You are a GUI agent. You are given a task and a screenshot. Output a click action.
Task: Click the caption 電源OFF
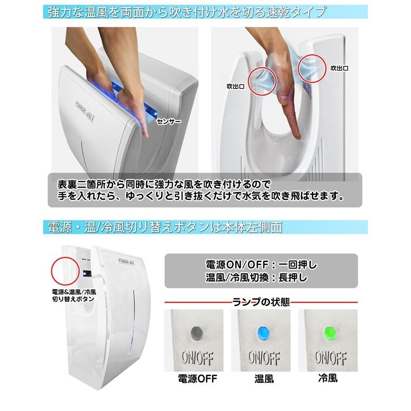pyautogui.click(x=197, y=379)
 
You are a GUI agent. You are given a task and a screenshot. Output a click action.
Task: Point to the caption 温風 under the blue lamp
pyautogui.click(x=264, y=379)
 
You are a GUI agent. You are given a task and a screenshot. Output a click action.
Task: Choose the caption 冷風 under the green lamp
pyautogui.click(x=328, y=378)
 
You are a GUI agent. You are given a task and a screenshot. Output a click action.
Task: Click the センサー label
pyautogui.click(x=169, y=122)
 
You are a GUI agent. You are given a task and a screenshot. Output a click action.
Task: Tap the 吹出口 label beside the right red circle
pyautogui.click(x=340, y=68)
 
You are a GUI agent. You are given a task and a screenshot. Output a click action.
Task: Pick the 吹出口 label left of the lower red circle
pyautogui.click(x=236, y=86)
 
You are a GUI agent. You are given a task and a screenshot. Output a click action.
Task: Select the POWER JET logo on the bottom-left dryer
pyautogui.click(x=126, y=261)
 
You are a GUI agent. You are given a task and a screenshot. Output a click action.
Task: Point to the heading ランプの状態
pyautogui.click(x=261, y=302)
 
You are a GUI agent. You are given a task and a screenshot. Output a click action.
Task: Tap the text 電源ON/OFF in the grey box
pyautogui.click(x=237, y=265)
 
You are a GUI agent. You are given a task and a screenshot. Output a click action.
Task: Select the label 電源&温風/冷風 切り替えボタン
pyautogui.click(x=74, y=295)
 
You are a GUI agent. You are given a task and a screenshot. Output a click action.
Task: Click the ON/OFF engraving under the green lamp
pyautogui.click(x=331, y=358)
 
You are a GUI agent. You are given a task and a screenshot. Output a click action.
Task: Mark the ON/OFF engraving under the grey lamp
pyautogui.click(x=197, y=358)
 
